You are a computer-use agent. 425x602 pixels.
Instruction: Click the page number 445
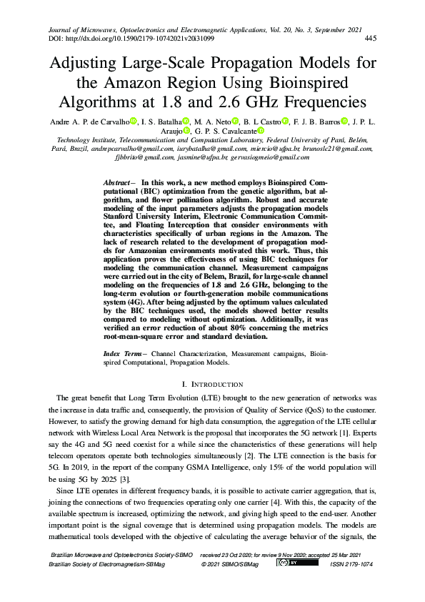click(x=371, y=38)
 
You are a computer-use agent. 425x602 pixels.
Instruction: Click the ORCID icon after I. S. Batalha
click(x=186, y=121)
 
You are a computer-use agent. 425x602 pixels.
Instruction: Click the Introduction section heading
click(x=214, y=385)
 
